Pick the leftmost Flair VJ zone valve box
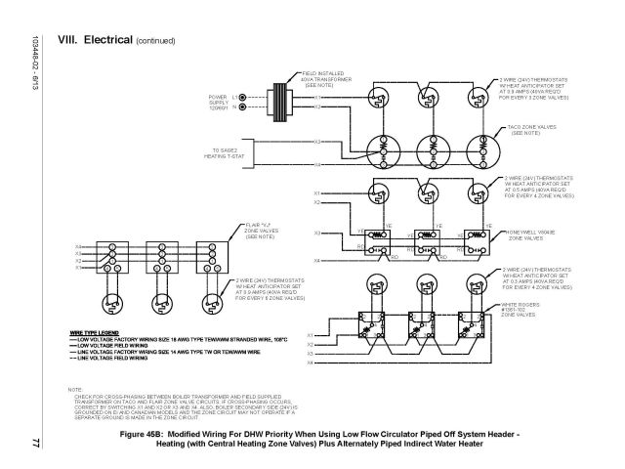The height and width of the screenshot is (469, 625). [x=100, y=256]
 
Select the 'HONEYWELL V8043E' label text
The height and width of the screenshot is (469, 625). [x=528, y=233]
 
